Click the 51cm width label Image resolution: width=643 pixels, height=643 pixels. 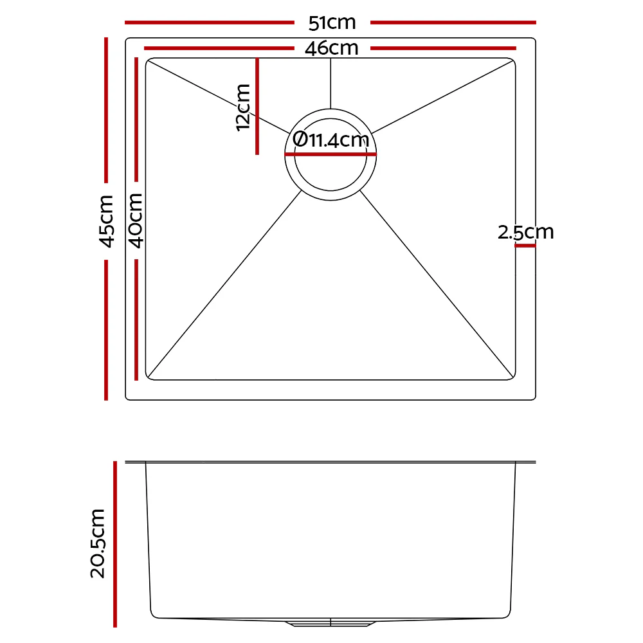pos(332,23)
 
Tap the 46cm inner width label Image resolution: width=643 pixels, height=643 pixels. pos(332,48)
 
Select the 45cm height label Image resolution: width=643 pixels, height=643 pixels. pos(106,221)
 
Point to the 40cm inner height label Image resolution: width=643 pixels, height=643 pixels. pos(136,221)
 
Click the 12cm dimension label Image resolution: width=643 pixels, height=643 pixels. pos(243,107)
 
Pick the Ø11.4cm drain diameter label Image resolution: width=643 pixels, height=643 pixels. pos(331,140)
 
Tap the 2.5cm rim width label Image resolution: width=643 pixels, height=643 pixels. pos(525,232)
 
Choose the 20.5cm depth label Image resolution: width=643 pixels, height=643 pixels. pos(98,543)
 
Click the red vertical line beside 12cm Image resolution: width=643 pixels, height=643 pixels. pos(257,106)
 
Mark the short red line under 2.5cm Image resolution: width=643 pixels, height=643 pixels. pos(525,246)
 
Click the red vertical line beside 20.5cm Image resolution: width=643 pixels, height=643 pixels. pos(115,543)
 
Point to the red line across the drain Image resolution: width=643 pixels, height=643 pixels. pos(331,154)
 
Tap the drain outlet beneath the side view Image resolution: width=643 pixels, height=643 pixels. pos(331,623)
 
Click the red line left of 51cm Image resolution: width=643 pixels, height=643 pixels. pos(209,23)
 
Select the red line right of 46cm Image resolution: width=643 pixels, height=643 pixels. pos(444,48)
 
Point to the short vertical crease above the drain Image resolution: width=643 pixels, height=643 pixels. pos(331,84)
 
